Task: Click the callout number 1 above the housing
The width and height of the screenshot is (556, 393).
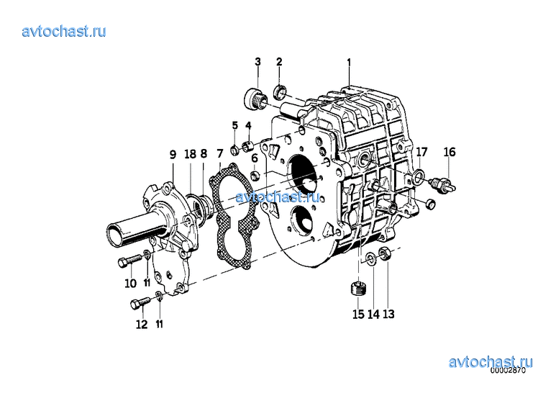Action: (349, 63)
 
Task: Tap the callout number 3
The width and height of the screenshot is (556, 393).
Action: (258, 61)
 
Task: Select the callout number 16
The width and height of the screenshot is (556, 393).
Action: (450, 152)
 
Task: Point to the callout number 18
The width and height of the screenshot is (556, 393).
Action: (190, 154)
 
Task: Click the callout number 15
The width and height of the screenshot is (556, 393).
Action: (358, 314)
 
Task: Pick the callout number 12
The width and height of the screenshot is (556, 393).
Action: (142, 324)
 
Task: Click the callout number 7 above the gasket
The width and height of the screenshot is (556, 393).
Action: (220, 153)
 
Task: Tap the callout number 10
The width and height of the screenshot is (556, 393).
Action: (130, 283)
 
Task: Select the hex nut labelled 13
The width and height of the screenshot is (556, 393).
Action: (386, 253)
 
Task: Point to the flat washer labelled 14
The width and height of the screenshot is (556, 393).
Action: (371, 258)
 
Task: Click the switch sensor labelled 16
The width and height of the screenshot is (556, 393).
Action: (443, 185)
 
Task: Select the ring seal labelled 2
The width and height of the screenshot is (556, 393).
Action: (280, 93)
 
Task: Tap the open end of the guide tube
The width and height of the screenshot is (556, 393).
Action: (117, 236)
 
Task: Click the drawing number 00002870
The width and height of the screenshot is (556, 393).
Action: (508, 370)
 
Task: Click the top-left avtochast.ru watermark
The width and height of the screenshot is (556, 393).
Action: (64, 31)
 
